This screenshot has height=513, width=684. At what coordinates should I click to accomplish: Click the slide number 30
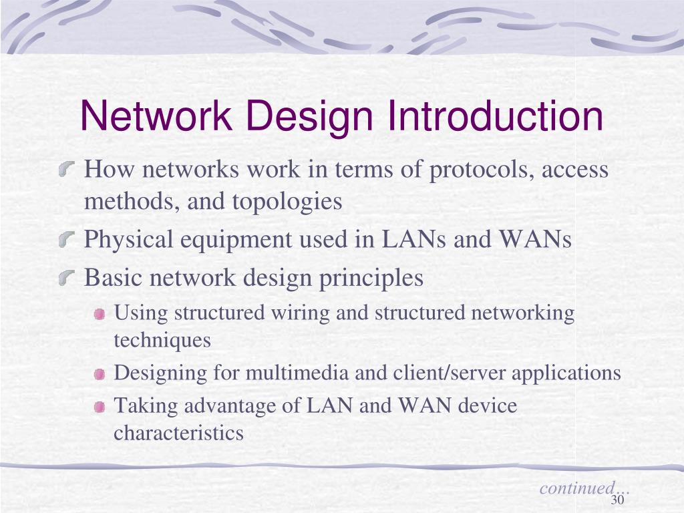(617, 501)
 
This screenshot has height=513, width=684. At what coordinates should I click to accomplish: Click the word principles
(379, 277)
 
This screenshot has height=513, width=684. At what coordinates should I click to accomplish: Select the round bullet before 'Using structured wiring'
(100, 314)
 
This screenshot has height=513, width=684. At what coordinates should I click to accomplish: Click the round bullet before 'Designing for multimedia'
(100, 374)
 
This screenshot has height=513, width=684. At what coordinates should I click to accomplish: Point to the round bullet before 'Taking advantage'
(100, 407)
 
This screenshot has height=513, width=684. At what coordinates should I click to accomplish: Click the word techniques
(162, 341)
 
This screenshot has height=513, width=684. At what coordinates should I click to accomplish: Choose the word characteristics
(178, 434)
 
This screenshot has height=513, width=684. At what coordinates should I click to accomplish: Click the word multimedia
(297, 373)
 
